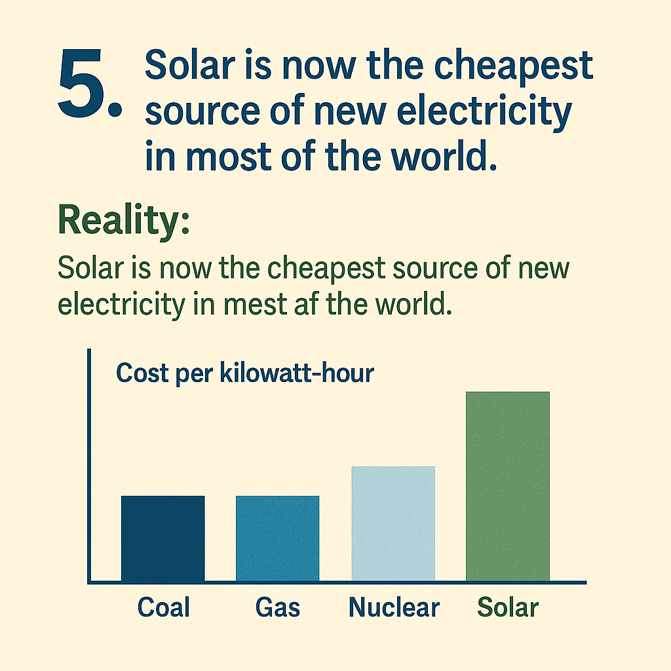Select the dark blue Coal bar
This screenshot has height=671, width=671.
tap(163, 538)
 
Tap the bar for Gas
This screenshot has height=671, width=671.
tap(277, 538)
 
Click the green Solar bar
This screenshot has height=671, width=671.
tap(508, 486)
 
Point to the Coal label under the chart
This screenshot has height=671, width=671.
tap(163, 607)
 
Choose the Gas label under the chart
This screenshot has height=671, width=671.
tap(277, 607)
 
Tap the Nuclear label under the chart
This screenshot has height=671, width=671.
tap(393, 607)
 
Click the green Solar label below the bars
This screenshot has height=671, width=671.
tap(508, 607)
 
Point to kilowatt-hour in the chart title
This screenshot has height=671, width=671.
tap(297, 374)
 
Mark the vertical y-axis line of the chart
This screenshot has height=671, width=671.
tap(88, 465)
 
